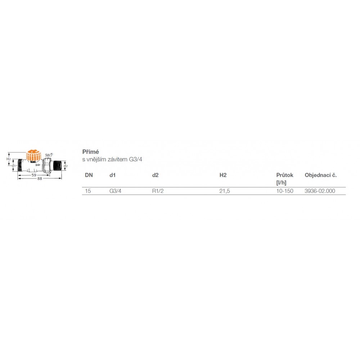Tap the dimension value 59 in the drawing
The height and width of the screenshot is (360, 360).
click(x=34, y=175)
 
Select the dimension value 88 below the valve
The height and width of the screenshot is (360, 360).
click(x=40, y=179)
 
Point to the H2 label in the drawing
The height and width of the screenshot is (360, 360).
click(x=9, y=159)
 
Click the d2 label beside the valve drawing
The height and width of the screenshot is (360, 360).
click(x=66, y=166)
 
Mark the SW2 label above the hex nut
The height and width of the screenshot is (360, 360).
click(x=49, y=155)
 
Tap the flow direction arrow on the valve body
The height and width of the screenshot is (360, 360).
click(x=38, y=165)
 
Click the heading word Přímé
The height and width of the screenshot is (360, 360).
click(x=91, y=152)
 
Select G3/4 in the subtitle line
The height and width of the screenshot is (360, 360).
click(x=135, y=159)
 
